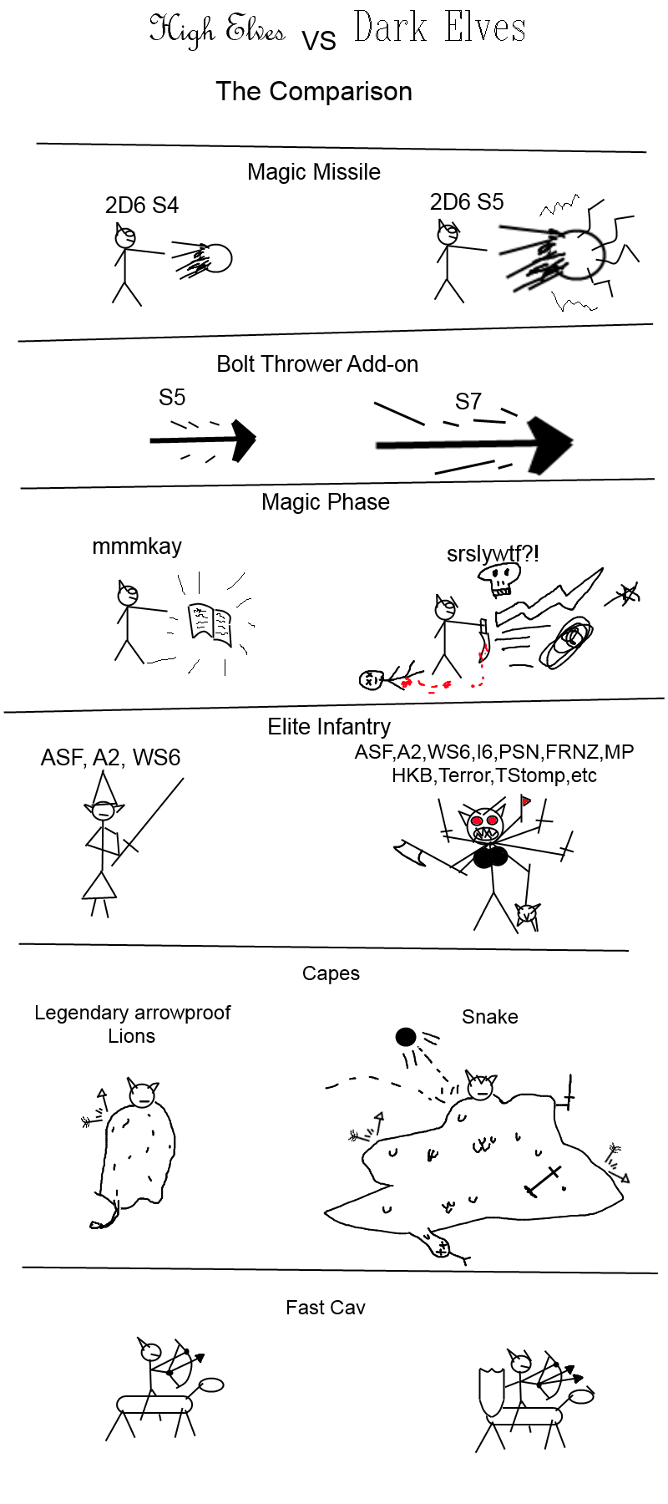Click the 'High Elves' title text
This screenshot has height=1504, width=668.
(217, 30)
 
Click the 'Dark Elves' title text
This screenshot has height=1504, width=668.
(440, 27)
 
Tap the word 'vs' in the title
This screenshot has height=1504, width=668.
(319, 40)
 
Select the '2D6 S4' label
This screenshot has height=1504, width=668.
(142, 206)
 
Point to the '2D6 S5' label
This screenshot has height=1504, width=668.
(467, 202)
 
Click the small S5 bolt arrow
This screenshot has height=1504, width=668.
(203, 440)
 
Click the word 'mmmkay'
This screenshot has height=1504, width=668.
(137, 546)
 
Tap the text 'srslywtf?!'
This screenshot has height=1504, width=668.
(493, 553)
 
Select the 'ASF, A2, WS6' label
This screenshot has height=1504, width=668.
(110, 758)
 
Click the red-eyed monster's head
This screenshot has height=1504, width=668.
(485, 824)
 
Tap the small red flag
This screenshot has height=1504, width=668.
(525, 802)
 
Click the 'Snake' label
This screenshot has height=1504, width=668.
(490, 1017)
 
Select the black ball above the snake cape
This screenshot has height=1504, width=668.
(406, 1037)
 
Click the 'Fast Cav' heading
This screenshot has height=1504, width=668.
(326, 1308)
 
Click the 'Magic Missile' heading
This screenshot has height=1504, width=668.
(314, 172)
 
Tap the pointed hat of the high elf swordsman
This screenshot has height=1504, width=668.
(104, 787)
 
